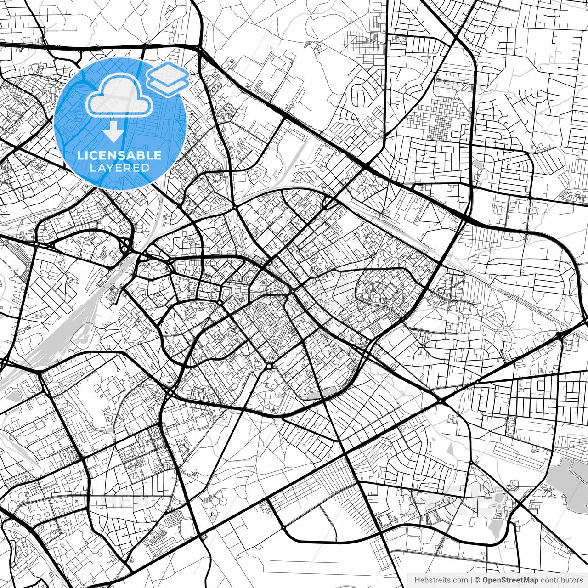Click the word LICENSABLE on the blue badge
[119, 156]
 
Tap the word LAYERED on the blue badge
[119, 168]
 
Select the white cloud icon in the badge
[119, 95]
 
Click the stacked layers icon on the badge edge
[168, 78]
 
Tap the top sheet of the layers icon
[168, 73]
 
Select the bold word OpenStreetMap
[510, 580]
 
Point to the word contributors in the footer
[561, 580]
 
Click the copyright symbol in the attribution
[477, 580]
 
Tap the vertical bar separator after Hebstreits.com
[471, 580]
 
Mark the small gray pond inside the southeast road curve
[495, 528]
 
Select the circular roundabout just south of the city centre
[269, 366]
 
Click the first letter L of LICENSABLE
[80, 156]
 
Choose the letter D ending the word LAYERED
[146, 168]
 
